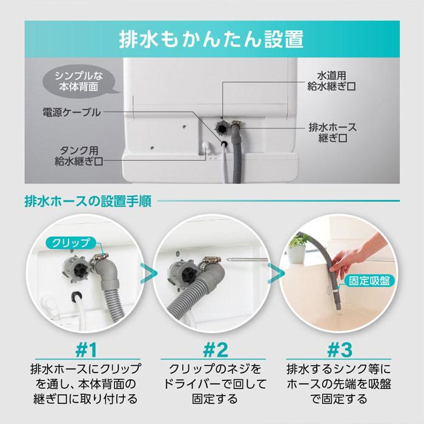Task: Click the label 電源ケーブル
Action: click(x=71, y=112)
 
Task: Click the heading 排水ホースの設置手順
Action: click(x=88, y=199)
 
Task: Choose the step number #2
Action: click(x=212, y=350)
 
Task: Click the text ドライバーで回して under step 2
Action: click(x=212, y=384)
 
